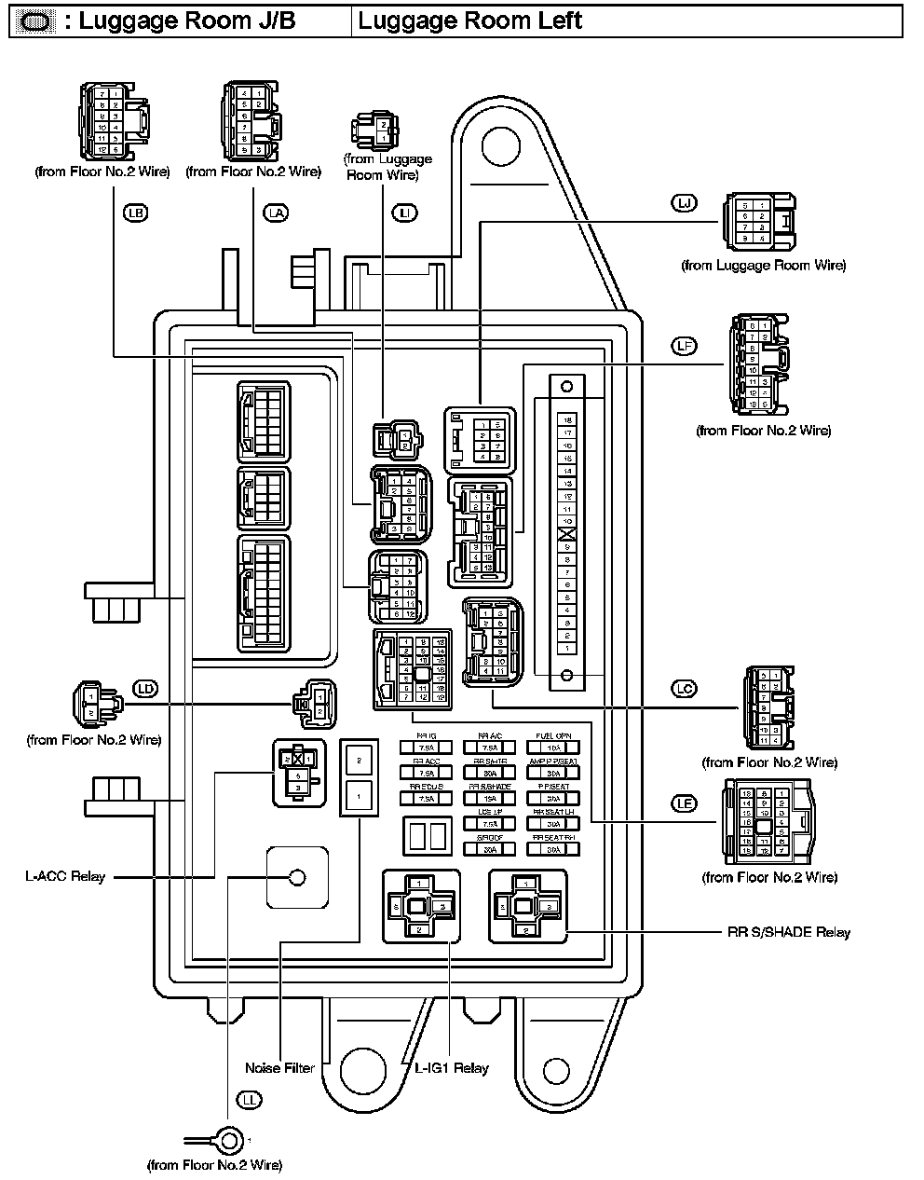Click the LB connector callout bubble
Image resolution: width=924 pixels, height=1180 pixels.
pyautogui.click(x=136, y=213)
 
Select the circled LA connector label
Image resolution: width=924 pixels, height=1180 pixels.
pyautogui.click(x=276, y=213)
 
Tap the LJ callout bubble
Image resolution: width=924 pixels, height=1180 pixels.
pyautogui.click(x=684, y=202)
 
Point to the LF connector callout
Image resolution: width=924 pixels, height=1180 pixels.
pyautogui.click(x=684, y=346)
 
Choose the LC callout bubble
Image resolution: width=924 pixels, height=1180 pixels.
pyautogui.click(x=685, y=689)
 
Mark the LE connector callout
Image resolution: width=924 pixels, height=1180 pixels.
pyautogui.click(x=685, y=803)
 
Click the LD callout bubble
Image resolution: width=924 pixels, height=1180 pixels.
pyautogui.click(x=145, y=689)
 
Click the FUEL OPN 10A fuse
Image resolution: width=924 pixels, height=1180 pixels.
pyautogui.click(x=553, y=747)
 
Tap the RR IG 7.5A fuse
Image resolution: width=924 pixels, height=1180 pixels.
pyautogui.click(x=426, y=747)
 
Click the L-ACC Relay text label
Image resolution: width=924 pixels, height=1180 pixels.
pyautogui.click(x=65, y=877)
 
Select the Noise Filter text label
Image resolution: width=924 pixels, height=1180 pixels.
pyautogui.click(x=279, y=1068)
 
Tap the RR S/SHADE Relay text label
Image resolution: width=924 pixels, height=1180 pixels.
pyautogui.click(x=788, y=932)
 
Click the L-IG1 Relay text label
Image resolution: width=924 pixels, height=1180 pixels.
pyautogui.click(x=452, y=1068)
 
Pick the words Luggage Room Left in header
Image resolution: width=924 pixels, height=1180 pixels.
pyautogui.click(x=469, y=21)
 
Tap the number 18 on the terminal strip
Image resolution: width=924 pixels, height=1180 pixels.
pyautogui.click(x=567, y=420)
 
